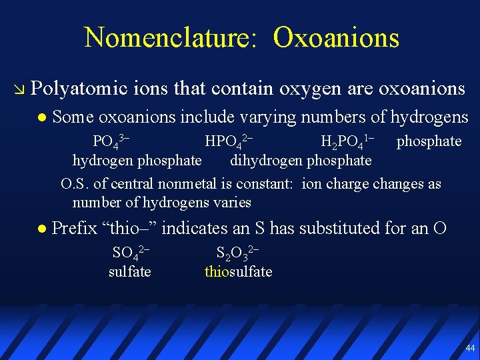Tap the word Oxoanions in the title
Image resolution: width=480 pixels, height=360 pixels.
pos(336,37)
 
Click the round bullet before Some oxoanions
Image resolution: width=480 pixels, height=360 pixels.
pos(41,118)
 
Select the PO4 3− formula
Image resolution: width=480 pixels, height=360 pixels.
pos(110,141)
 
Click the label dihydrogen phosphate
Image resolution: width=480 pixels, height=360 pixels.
pos(301,161)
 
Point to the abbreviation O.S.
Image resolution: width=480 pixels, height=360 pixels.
pos(73,184)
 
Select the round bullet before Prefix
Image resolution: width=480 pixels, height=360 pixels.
pos(41,229)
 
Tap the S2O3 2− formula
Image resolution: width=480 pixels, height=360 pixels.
pos(237,253)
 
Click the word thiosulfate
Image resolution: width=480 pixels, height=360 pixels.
pos(238,271)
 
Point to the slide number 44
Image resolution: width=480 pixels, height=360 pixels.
pos(471,348)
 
